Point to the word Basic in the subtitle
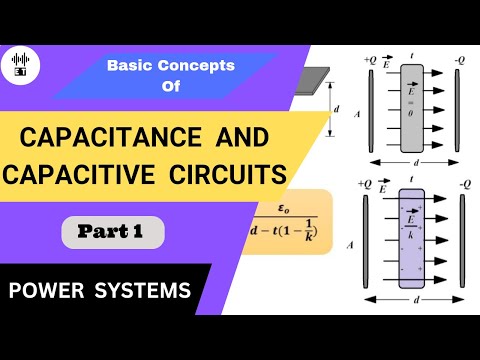point(132,65)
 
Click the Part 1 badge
point(113,233)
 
